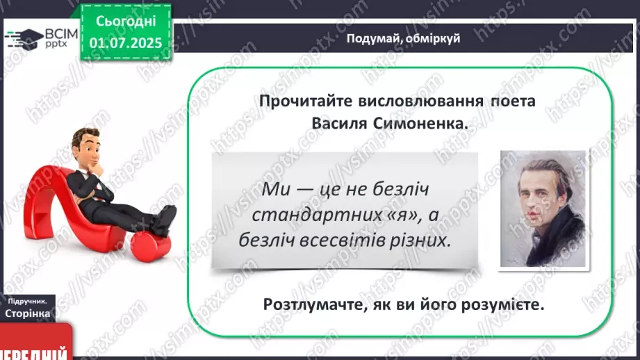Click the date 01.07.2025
pos(126,43)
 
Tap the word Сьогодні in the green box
pos(126,22)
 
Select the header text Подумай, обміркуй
pos(403,38)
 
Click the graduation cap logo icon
pos(24,39)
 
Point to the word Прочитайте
pos(306,101)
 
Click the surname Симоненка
pos(420,123)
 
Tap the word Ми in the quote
pos(276,189)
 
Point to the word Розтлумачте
pos(315,304)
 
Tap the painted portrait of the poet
pos(543,208)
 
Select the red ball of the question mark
pos(151,246)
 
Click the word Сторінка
pos(27,313)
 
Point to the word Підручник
pos(27,301)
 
